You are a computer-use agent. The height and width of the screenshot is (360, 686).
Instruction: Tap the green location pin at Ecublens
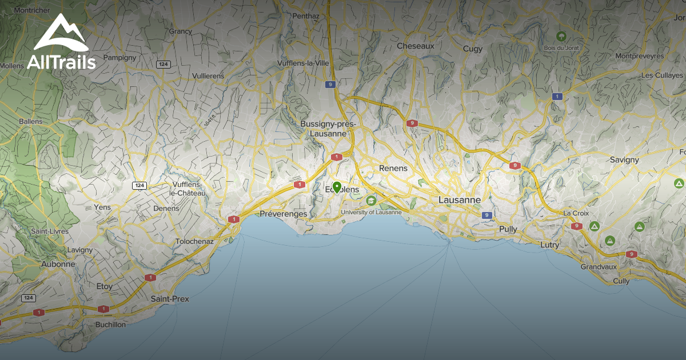(337, 187)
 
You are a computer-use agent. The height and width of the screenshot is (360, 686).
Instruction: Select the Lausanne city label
(460, 200)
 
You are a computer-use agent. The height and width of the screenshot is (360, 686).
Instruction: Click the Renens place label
(393, 168)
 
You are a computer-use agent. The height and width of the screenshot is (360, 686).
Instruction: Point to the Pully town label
(508, 229)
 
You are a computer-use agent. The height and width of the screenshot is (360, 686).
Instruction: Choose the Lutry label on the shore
(549, 245)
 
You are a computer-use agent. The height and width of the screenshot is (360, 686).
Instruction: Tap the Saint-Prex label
(170, 299)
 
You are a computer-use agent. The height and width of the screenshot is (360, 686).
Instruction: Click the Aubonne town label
(58, 264)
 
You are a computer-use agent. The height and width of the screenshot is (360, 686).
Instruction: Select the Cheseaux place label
(416, 46)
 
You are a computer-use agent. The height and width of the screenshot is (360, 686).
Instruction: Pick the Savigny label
(624, 160)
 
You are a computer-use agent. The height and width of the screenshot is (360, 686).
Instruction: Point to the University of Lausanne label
(371, 212)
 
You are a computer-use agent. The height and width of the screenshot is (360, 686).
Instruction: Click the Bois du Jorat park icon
(561, 37)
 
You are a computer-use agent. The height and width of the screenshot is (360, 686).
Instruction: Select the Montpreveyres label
(640, 56)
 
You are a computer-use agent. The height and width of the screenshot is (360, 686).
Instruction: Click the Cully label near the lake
(621, 281)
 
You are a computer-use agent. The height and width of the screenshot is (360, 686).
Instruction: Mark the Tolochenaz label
(194, 242)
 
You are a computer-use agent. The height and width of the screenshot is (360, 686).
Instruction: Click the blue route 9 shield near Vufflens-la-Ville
(330, 85)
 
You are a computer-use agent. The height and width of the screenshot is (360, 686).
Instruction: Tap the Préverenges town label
(284, 214)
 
